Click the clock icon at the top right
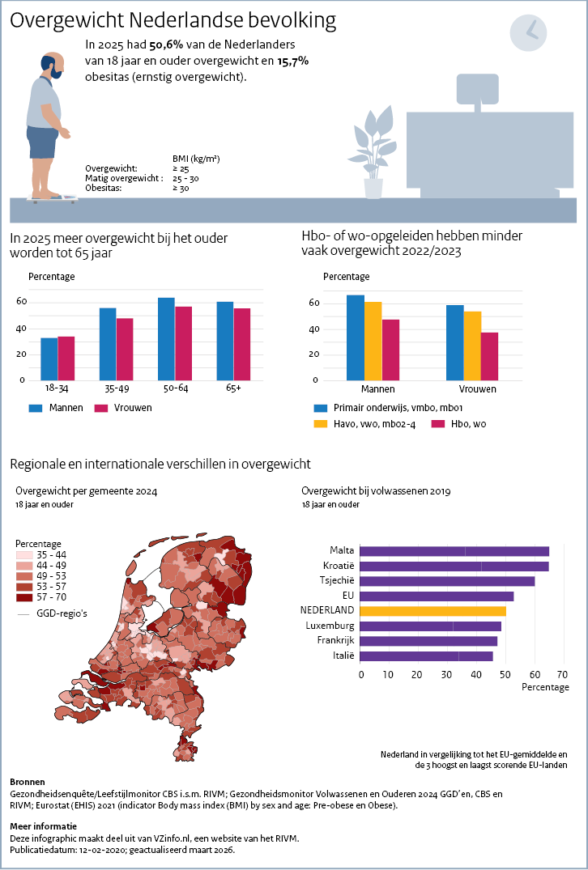528,32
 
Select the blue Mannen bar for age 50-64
166,338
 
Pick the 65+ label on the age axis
234,389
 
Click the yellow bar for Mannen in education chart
373,341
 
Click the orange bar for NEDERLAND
433,611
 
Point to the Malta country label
342,550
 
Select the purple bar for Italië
427,656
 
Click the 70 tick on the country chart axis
563,673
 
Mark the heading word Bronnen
28,782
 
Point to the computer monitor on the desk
478,89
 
